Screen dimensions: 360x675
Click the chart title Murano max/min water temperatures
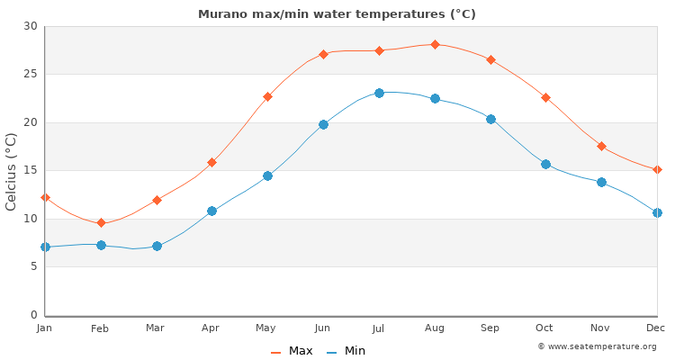(337, 14)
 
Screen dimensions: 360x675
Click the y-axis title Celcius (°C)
(12, 171)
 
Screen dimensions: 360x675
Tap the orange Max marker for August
(435, 44)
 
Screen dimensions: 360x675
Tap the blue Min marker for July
(379, 93)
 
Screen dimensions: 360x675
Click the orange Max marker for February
(101, 222)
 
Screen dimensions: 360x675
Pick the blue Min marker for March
(157, 246)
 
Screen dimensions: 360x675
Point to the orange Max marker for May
(267, 96)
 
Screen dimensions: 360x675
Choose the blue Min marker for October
(545, 164)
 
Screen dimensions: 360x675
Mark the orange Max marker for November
(601, 146)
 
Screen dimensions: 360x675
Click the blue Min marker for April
(211, 211)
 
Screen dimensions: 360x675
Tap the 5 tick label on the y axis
(33, 266)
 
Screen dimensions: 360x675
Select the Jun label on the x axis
(322, 328)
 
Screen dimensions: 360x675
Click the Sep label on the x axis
(490, 328)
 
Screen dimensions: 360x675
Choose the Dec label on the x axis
(656, 328)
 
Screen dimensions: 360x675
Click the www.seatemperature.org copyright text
(597, 346)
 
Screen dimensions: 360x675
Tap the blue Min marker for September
(490, 119)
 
